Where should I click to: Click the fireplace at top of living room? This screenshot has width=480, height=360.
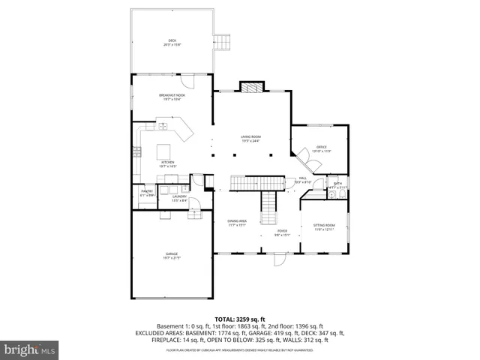click(x=250, y=86)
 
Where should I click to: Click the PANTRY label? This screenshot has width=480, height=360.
click(x=147, y=193)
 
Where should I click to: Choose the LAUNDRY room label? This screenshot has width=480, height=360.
click(x=179, y=198)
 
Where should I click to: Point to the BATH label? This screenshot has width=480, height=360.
click(x=337, y=185)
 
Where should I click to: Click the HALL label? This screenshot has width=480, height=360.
click(x=303, y=179)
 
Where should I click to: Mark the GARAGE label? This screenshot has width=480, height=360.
click(x=172, y=256)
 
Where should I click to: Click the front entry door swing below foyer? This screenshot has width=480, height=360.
click(x=280, y=260)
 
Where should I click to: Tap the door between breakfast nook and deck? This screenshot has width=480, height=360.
click(x=190, y=82)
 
